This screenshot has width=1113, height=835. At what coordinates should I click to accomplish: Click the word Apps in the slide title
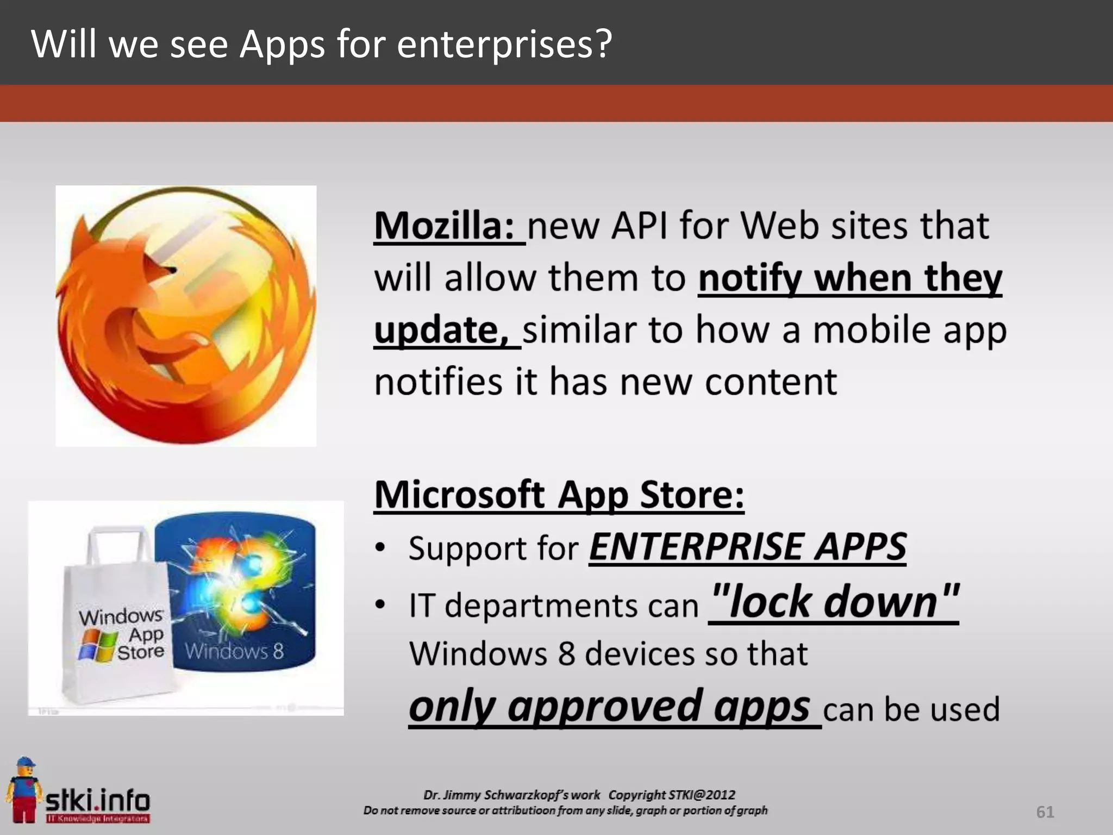(x=282, y=44)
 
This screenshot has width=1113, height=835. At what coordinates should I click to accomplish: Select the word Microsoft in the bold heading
(x=460, y=495)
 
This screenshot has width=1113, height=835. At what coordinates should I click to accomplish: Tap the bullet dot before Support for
(x=380, y=547)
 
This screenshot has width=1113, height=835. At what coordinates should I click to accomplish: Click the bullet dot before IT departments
(x=380, y=604)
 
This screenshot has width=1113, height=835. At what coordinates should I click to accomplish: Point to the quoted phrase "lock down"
(x=834, y=602)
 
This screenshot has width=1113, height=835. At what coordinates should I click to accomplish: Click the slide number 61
(x=1045, y=812)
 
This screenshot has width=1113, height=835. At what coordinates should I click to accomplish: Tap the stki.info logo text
(x=98, y=800)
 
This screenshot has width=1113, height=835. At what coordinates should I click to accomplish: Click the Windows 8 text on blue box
(x=234, y=651)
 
